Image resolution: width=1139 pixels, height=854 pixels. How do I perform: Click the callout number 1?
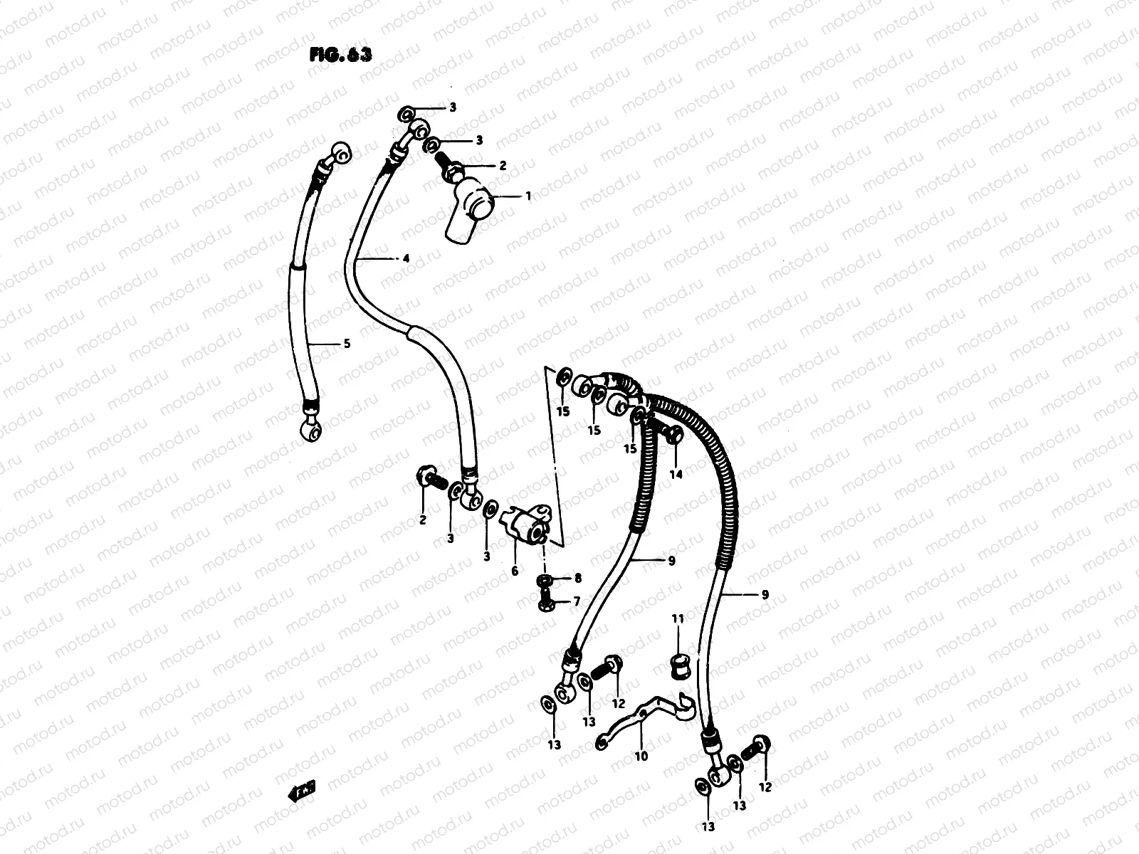tap(527, 195)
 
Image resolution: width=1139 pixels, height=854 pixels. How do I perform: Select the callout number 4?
tap(406, 259)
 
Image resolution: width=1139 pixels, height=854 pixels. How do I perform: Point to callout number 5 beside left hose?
tap(347, 344)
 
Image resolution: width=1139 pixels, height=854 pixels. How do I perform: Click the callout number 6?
tap(515, 571)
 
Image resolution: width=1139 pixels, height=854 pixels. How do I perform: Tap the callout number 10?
tap(641, 756)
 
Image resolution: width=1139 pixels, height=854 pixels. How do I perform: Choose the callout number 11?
tap(677, 620)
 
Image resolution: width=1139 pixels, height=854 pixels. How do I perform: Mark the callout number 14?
tap(676, 474)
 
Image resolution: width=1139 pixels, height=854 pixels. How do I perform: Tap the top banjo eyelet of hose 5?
tap(342, 152)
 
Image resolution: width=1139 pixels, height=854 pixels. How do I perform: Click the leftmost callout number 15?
tap(563, 411)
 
